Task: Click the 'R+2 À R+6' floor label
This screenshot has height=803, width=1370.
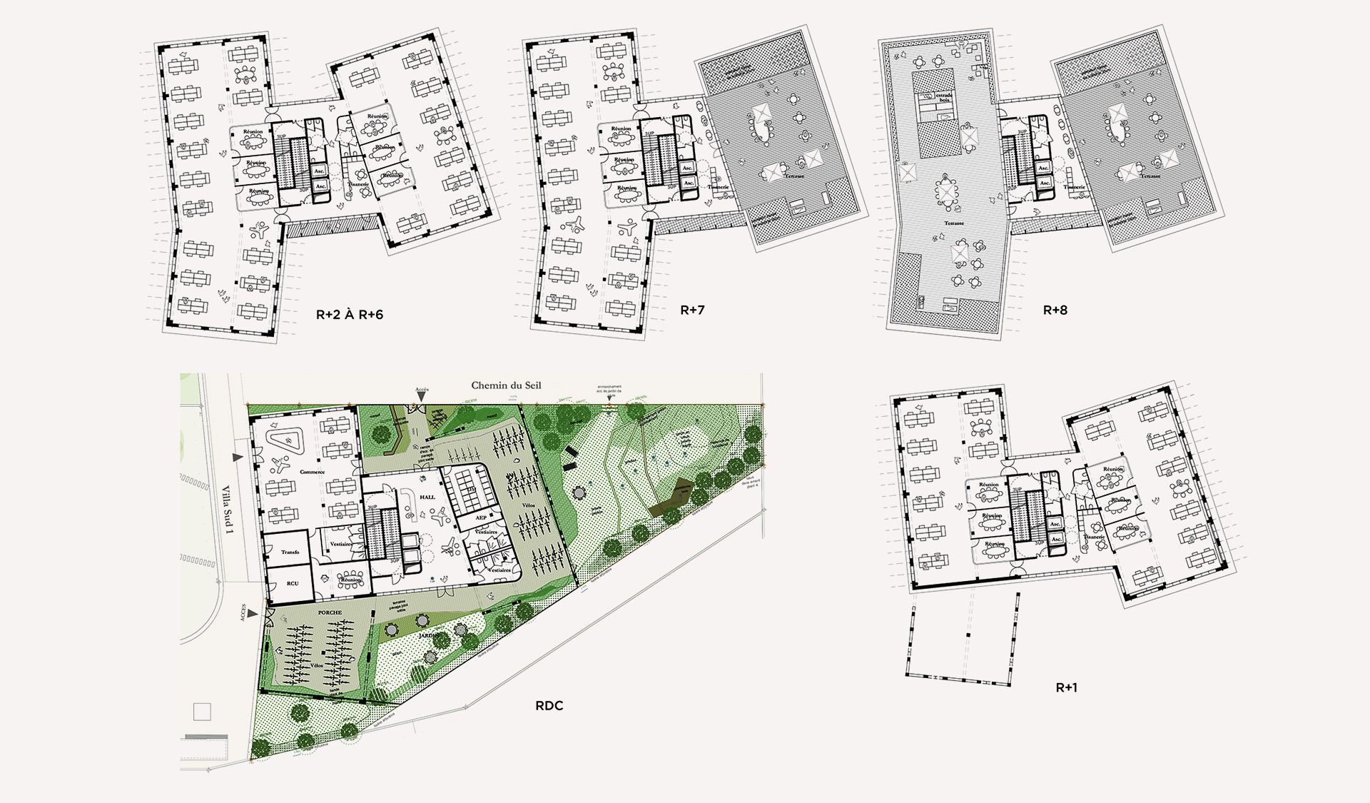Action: tap(349, 314)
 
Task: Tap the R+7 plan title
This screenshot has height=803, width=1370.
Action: tap(692, 310)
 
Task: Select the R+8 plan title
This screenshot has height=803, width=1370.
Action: tap(1055, 310)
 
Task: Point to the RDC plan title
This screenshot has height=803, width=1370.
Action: tap(549, 706)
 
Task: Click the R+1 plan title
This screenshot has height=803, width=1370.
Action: tap(1066, 687)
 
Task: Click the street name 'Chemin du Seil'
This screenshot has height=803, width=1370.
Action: tap(506, 385)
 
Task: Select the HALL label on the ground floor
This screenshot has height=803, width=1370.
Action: tap(427, 498)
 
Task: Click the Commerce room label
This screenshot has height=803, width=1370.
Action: tap(312, 472)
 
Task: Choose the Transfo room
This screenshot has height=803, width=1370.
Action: tap(290, 552)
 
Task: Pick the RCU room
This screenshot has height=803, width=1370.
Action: tap(293, 583)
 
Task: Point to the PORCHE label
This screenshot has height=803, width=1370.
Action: tap(328, 612)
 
